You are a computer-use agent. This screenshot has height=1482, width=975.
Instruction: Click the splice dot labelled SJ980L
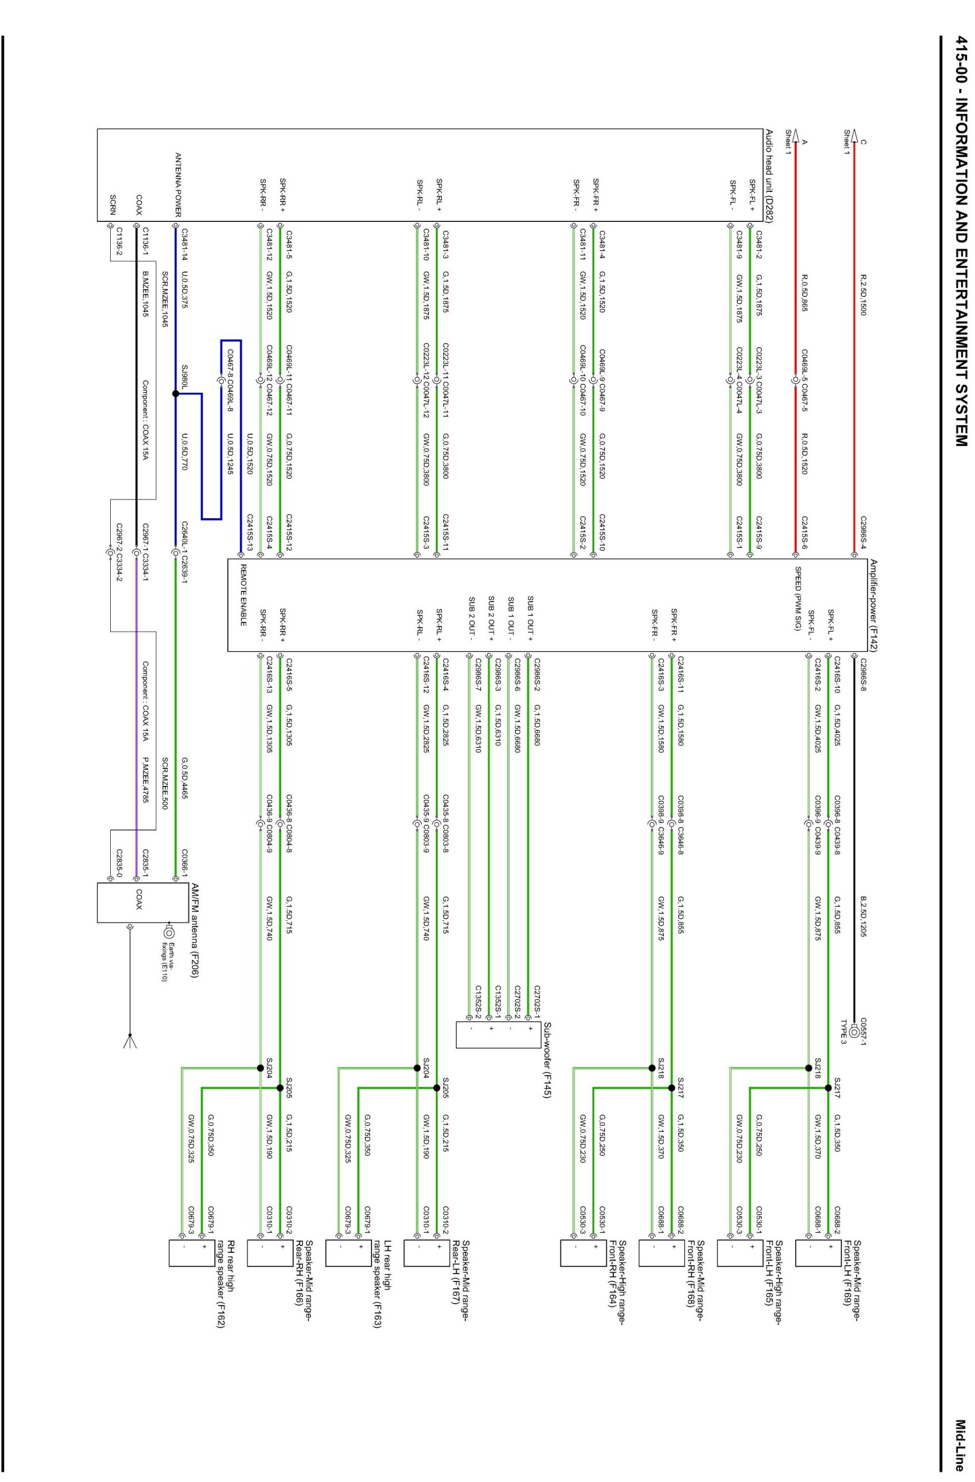[176, 394]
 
